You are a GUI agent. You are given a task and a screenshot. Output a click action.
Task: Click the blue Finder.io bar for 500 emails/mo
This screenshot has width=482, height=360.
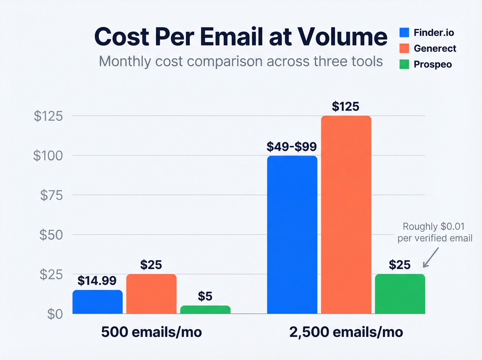coord(97,302)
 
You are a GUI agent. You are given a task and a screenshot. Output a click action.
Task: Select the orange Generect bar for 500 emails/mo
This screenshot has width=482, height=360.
coord(151,294)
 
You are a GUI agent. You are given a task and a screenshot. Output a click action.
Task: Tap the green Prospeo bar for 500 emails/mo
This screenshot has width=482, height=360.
coord(205,309)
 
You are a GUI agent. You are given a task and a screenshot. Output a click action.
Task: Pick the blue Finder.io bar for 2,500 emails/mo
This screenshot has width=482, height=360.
coord(292,235)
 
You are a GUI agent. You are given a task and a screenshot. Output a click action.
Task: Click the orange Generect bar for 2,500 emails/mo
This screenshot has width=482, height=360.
coord(346,215)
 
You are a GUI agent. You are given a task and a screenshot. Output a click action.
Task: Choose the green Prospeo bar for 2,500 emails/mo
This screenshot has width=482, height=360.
coord(400,294)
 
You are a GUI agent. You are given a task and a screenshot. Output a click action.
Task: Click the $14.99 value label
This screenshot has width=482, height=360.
coord(97,280)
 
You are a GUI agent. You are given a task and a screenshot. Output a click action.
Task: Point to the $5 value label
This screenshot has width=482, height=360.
coord(205,296)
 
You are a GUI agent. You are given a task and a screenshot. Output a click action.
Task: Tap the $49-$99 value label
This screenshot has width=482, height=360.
coord(292,147)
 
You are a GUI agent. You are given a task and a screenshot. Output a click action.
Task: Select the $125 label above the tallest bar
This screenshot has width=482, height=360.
coord(345,106)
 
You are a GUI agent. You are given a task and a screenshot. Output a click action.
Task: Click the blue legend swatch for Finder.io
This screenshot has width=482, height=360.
coord(404,32)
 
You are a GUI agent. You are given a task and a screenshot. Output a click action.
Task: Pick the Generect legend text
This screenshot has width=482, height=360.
coord(435,49)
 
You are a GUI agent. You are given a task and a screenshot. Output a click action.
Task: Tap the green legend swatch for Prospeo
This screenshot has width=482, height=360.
coord(404,64)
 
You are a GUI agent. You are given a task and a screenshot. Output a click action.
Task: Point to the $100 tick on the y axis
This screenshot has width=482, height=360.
coord(48,156)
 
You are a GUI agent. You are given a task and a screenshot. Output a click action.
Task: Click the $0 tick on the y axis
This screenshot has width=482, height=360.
coord(55,314)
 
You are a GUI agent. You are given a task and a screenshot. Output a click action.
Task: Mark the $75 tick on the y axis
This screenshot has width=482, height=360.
coord(51,195)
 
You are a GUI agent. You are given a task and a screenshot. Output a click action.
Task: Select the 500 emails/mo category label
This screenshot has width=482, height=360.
coord(151,332)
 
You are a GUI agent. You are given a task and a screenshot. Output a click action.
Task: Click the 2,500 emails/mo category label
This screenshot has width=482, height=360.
coord(346,332)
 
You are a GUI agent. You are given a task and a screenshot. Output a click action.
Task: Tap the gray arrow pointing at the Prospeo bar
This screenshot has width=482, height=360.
coord(430,258)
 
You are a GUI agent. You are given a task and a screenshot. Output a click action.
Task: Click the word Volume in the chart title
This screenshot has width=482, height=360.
coord(342,37)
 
